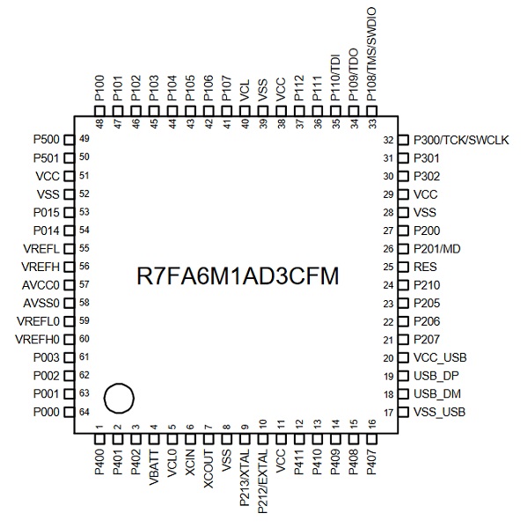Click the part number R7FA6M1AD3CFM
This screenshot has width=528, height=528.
click(238, 275)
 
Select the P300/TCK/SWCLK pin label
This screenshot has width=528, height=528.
click(461, 140)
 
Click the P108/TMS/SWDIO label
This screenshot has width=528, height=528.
click(370, 55)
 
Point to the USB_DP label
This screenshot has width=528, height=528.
click(436, 376)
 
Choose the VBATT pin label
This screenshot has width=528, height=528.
click(154, 467)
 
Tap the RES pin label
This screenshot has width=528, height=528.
click(425, 267)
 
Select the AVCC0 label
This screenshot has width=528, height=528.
click(40, 285)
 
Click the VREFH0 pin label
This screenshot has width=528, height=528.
click(37, 340)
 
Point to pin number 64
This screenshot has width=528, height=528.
click(84, 412)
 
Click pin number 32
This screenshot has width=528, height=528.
click(388, 140)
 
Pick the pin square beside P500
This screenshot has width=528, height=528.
click(69, 140)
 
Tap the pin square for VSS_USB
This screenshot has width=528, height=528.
click(403, 412)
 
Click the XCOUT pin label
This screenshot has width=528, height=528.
click(209, 469)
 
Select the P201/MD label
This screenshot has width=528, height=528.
click(436, 249)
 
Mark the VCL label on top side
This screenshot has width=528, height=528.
click(245, 90)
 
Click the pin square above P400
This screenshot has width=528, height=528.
click(99, 439)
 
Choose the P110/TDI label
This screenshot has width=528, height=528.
click(335, 77)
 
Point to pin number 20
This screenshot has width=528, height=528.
click(388, 357)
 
